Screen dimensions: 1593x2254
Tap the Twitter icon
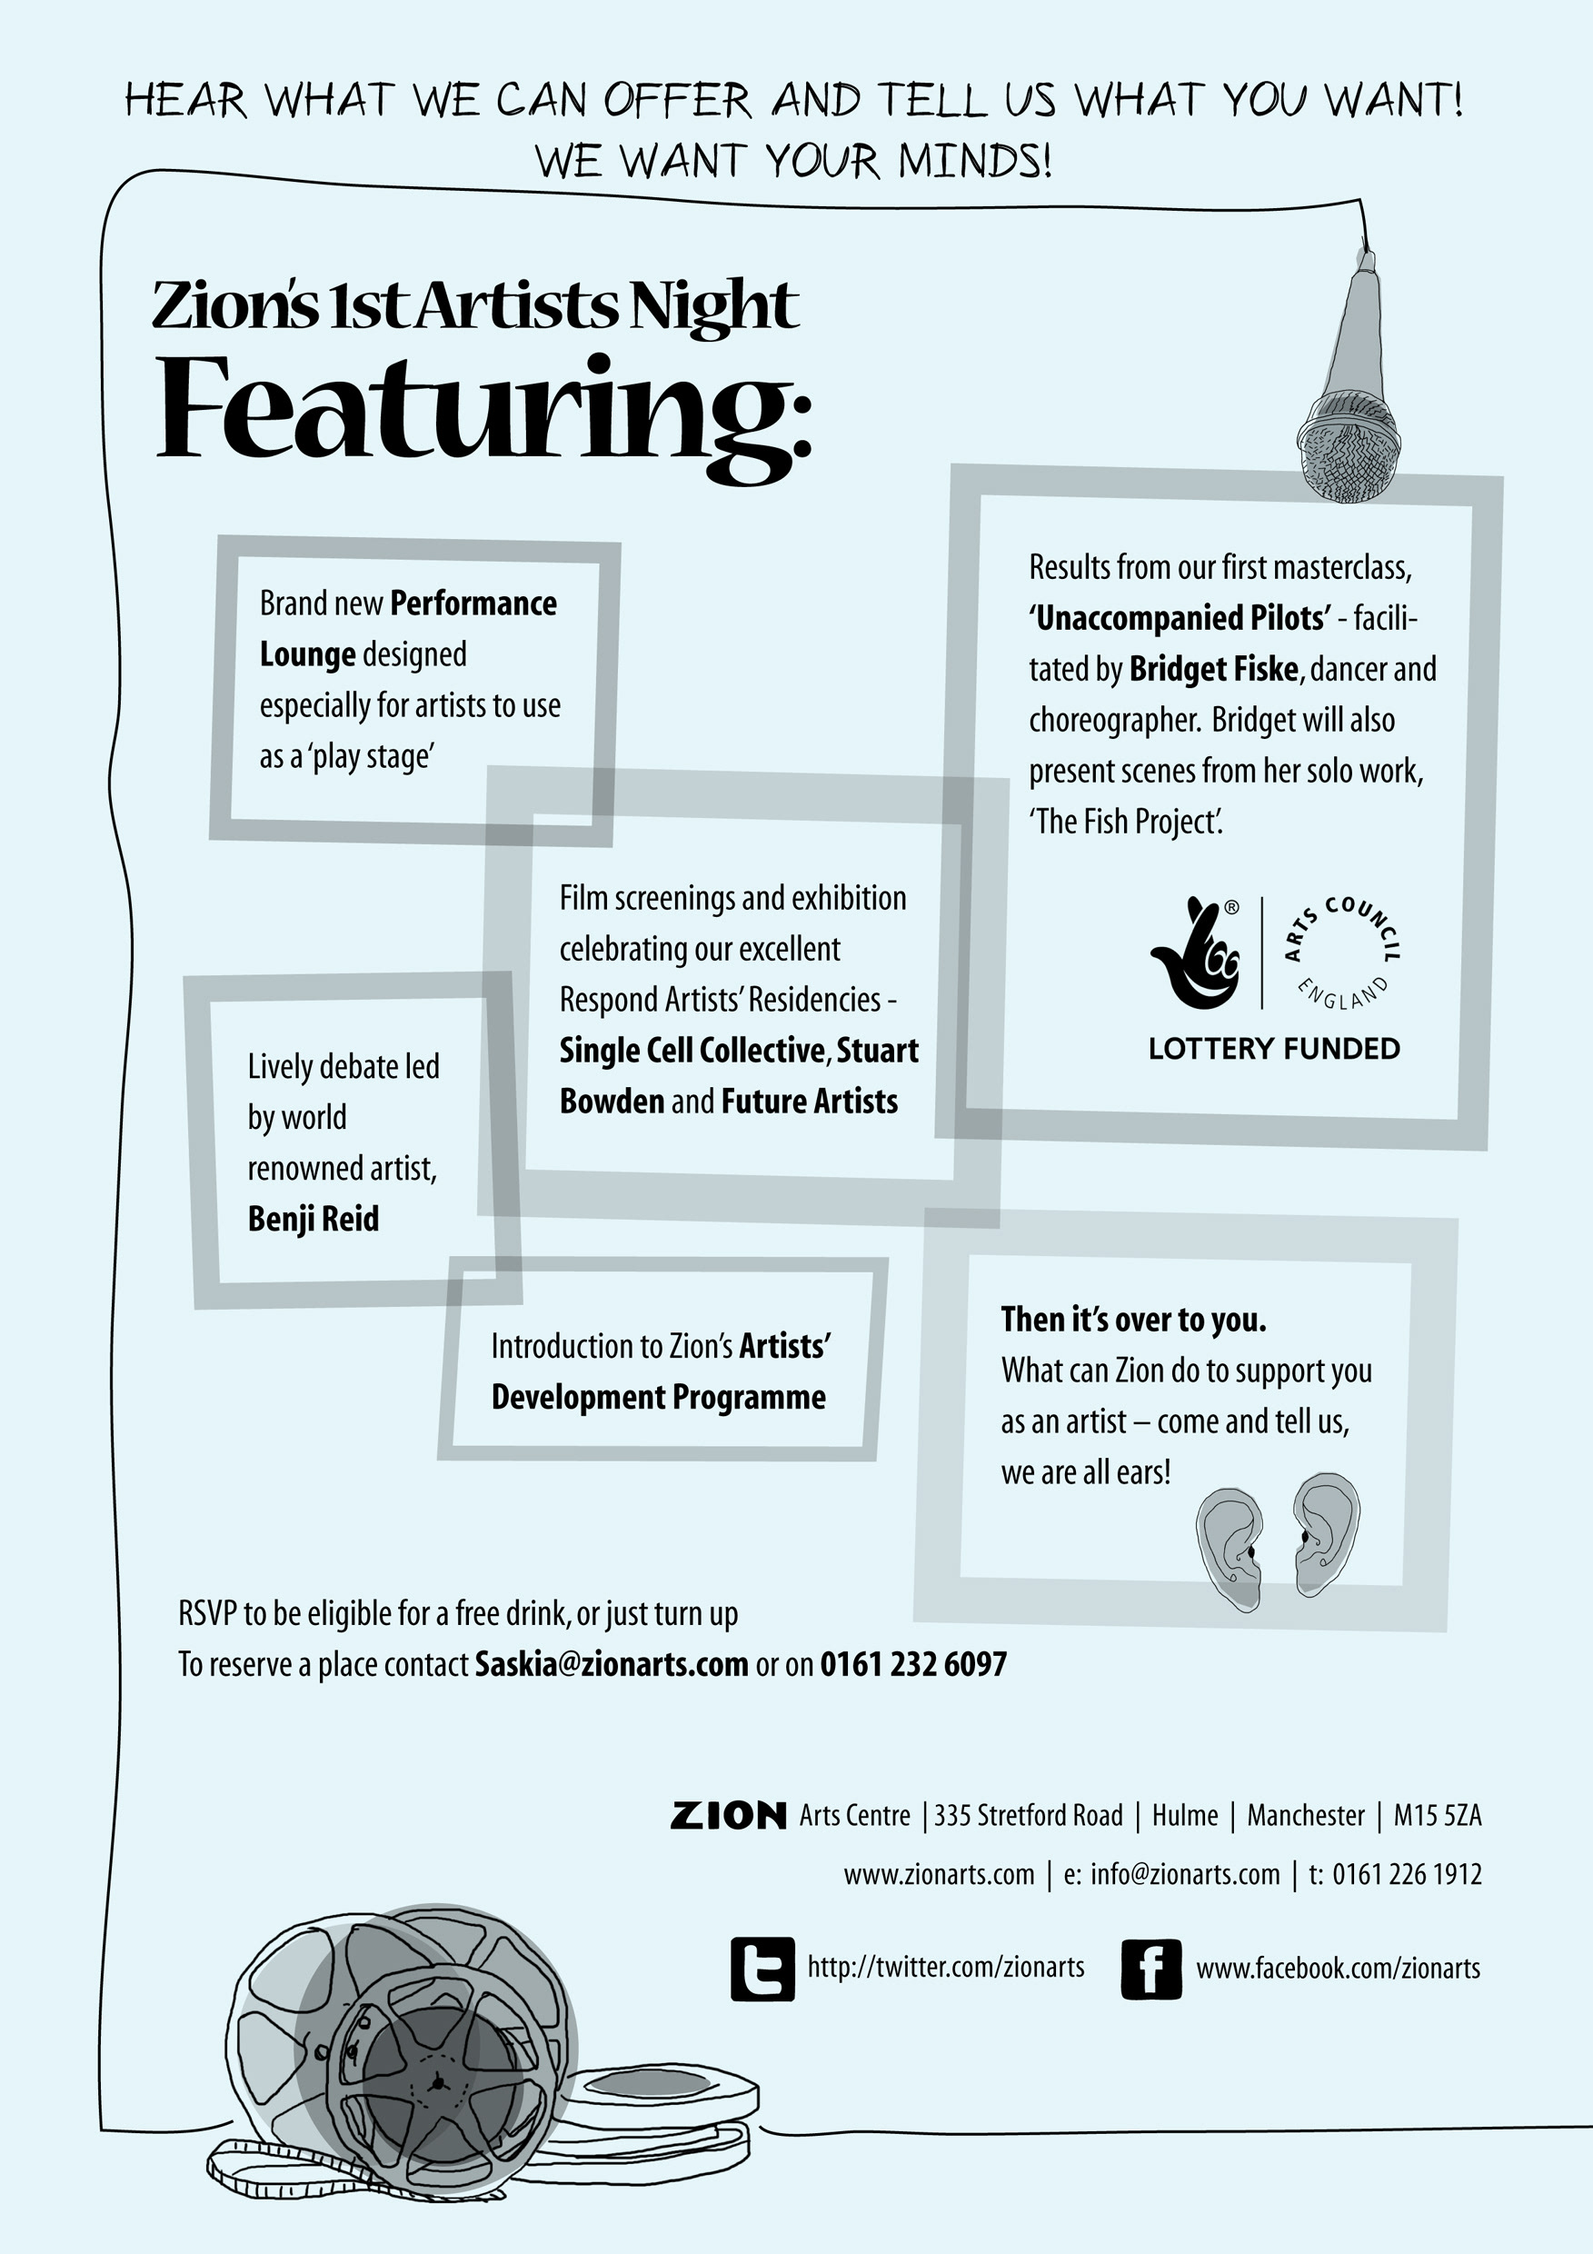tap(762, 1969)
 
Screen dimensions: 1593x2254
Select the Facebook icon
tap(1150, 1969)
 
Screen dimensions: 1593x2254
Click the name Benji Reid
tap(314, 1220)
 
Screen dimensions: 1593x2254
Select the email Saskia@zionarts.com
tap(612, 1664)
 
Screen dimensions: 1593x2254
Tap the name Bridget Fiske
tap(1214, 670)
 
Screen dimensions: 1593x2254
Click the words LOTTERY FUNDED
tap(1274, 1049)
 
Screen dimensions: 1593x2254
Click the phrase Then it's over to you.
tap(1134, 1320)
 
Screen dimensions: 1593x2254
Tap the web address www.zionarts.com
tap(939, 1875)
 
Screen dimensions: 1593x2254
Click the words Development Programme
tap(659, 1397)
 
